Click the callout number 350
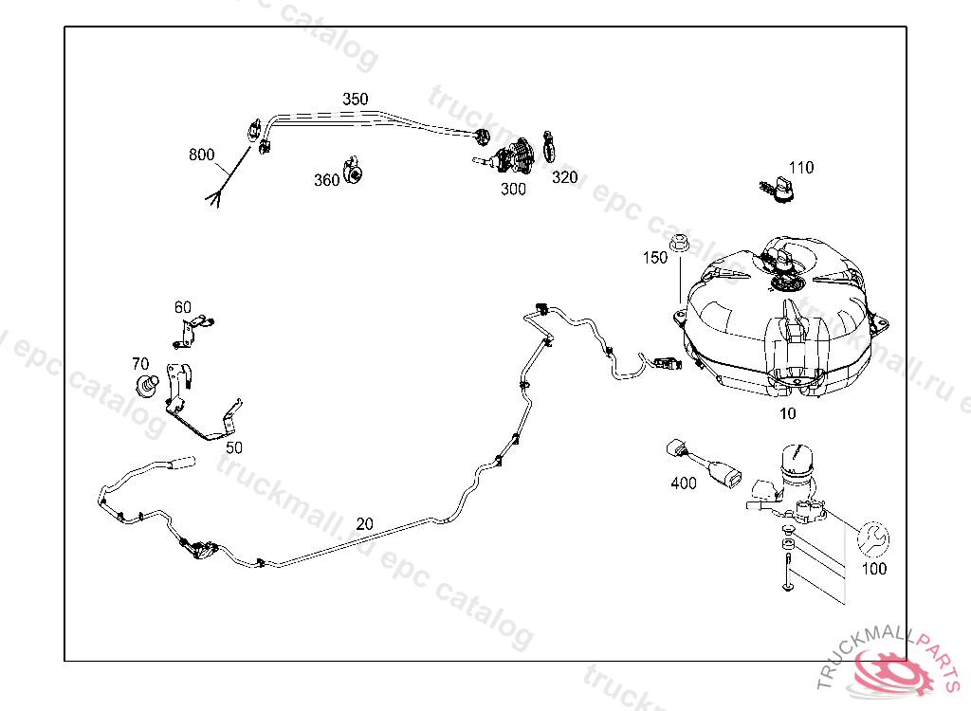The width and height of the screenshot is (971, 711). (x=356, y=100)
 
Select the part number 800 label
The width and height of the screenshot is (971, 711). (x=202, y=155)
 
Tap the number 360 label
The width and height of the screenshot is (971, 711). (x=326, y=180)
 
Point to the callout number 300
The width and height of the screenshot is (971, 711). (x=513, y=189)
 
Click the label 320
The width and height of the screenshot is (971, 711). (x=564, y=177)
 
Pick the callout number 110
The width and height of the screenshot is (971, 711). (x=801, y=168)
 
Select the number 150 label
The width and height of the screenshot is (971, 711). (x=655, y=257)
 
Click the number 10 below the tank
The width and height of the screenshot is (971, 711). (x=788, y=413)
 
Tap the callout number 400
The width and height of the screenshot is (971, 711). (x=684, y=483)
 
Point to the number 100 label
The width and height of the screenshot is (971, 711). (x=873, y=569)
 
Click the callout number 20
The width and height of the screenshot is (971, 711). (x=365, y=523)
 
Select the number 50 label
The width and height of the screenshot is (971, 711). (x=233, y=447)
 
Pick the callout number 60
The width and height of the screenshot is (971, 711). (x=183, y=307)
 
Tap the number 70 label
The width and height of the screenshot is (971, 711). (x=140, y=363)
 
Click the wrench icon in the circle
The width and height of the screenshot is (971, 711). (x=872, y=539)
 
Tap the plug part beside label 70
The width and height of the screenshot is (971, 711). (x=146, y=385)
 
